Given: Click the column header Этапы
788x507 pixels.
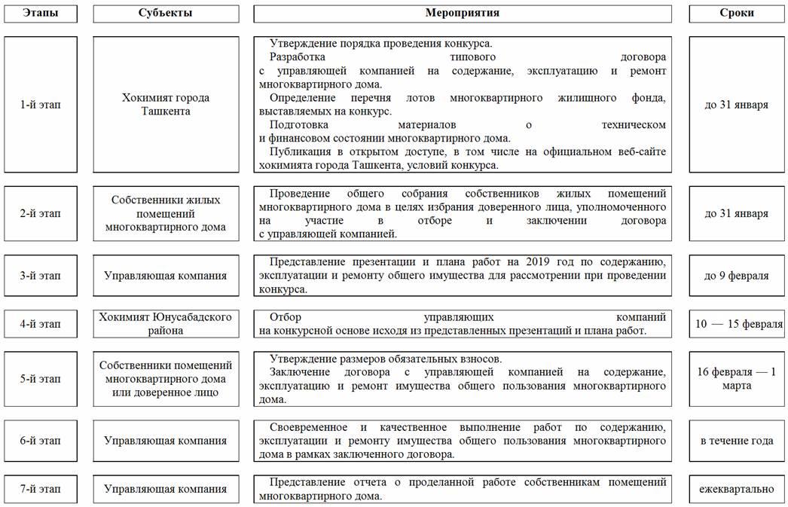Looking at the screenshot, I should [41, 14].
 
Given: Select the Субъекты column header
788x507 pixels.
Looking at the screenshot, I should [166, 14].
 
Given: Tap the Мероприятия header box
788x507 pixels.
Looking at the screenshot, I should [462, 14].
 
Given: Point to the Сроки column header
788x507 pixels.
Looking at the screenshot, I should [736, 14].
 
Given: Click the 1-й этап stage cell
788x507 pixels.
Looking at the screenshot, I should [41, 105].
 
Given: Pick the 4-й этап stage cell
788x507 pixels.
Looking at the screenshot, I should [41, 324].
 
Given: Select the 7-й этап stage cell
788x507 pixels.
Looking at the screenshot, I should [41, 489].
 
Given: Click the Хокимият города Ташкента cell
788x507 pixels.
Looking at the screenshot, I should [166, 105].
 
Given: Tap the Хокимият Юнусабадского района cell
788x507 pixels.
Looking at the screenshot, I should [166, 324].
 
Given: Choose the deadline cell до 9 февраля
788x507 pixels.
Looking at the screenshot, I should [736, 276].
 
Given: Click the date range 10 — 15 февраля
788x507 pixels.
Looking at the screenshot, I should [736, 324].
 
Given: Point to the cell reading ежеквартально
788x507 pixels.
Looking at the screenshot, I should [736, 489].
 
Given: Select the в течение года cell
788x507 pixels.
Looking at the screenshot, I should [736, 441].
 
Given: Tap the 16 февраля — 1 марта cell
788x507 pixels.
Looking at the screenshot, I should [736, 379].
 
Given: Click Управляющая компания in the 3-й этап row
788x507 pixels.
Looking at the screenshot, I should [166, 276].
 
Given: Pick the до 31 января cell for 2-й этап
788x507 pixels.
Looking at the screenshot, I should [736, 213].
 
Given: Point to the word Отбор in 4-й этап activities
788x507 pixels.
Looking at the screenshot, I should [284, 317].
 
